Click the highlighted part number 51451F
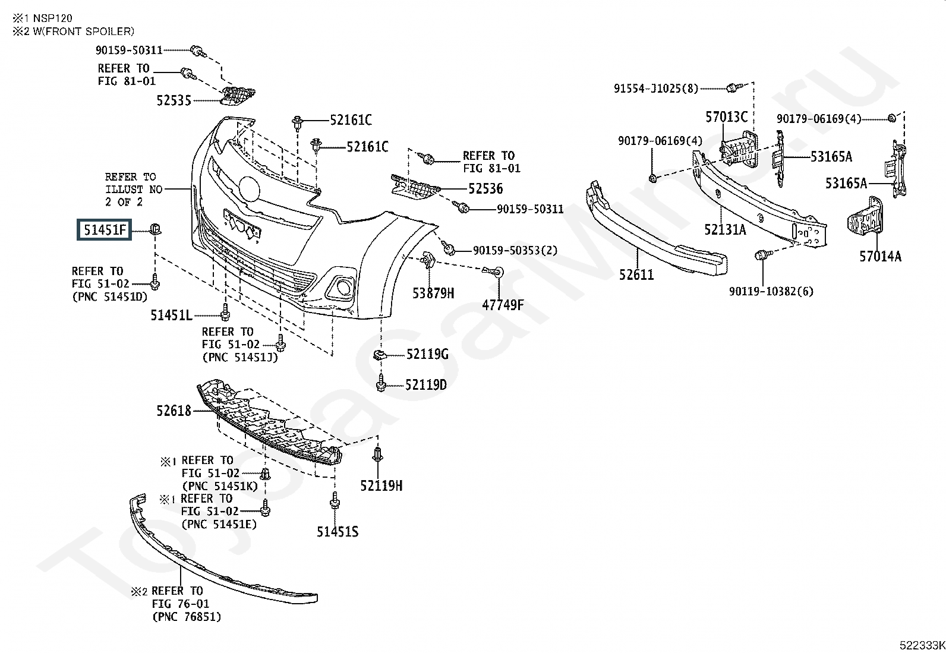(x=105, y=230)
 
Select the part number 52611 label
(x=636, y=275)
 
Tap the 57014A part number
(x=881, y=256)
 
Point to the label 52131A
(x=725, y=230)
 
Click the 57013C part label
(x=726, y=117)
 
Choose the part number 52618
(x=174, y=411)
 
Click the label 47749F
(x=503, y=305)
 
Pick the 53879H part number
(x=433, y=293)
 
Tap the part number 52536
(x=485, y=189)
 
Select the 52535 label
(x=174, y=100)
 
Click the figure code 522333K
(x=922, y=645)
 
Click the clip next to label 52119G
(x=380, y=355)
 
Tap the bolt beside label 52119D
(x=380, y=383)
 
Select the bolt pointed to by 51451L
(x=225, y=313)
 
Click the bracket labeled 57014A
(x=865, y=220)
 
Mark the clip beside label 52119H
(x=377, y=455)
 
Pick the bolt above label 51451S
(x=335, y=500)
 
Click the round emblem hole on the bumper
(x=249, y=189)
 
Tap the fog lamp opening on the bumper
(x=343, y=287)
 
